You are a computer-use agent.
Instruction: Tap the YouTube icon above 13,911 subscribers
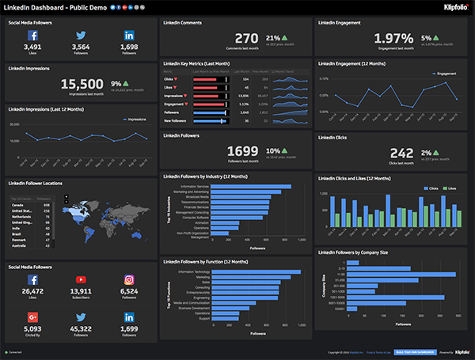coord(81,280)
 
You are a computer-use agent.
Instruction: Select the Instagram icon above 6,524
coord(130,280)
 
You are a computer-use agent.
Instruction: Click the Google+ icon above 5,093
coord(33,316)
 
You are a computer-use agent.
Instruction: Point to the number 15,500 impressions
coord(82,83)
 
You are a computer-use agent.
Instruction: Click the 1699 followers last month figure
coord(242,150)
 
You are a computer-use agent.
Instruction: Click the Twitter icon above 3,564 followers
coord(81,36)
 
